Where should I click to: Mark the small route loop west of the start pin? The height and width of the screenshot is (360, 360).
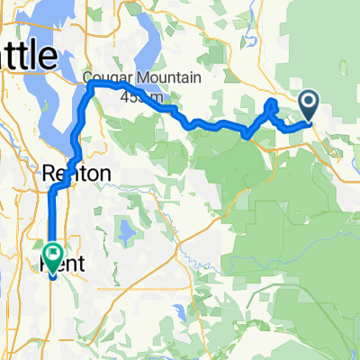pos(272,110)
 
